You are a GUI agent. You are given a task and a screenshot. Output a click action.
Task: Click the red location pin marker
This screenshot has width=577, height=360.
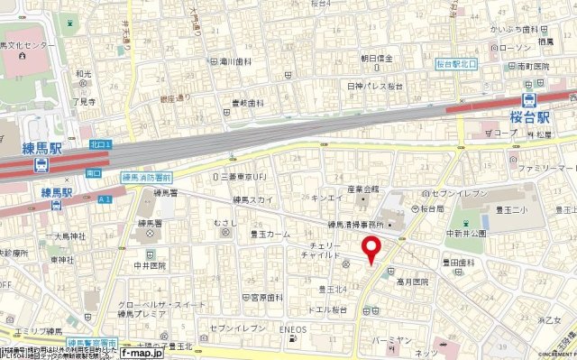coord(370,249)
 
